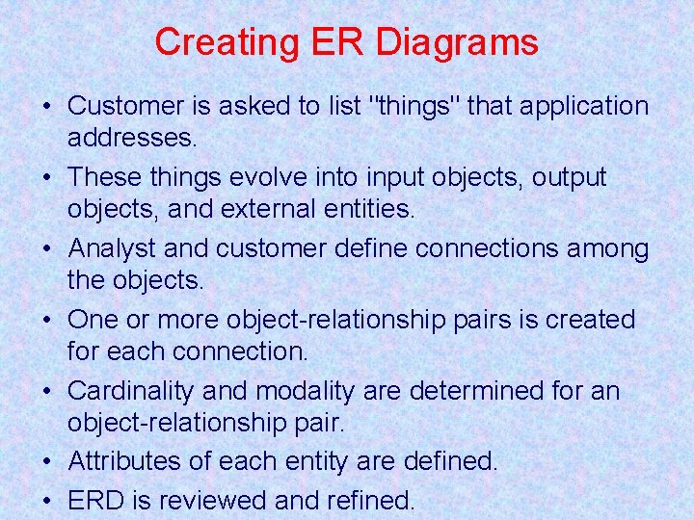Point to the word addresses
[x=132, y=138]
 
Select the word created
[x=590, y=320]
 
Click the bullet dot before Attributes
[x=45, y=463]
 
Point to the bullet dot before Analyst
[x=45, y=250]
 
